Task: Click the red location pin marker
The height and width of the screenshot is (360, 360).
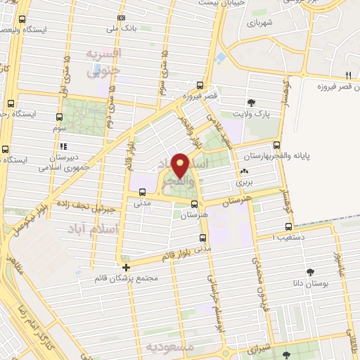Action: point(180,165)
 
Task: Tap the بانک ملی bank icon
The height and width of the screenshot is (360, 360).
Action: point(122,18)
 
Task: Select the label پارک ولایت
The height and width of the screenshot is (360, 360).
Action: point(252,113)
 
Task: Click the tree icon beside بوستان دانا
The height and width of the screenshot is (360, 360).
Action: point(310,271)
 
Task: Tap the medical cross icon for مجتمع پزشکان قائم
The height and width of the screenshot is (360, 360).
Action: point(126,267)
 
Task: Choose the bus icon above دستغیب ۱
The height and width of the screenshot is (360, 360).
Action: point(288,226)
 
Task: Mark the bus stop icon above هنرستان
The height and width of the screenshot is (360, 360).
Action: point(194,205)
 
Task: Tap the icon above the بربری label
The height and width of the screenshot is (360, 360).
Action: point(244,172)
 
